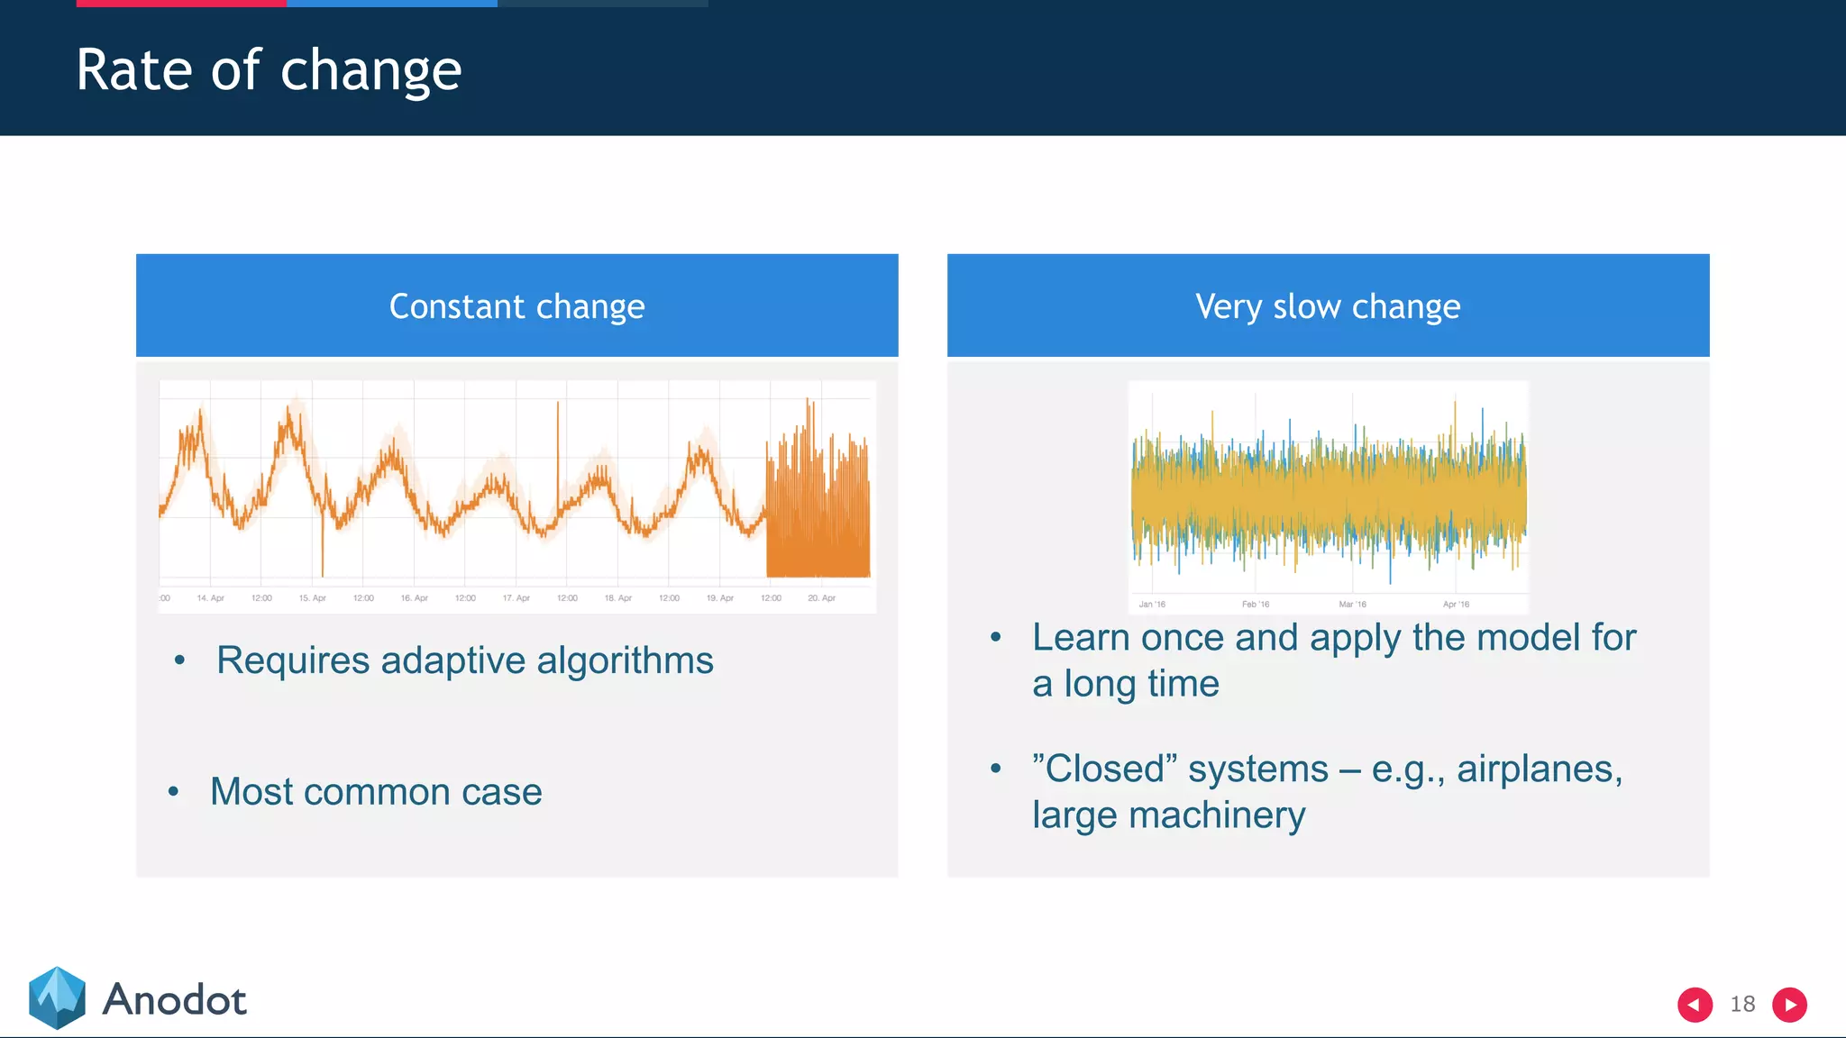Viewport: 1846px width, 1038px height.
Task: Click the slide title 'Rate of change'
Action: tap(269, 70)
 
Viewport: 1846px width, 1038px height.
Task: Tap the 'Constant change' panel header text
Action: tap(516, 306)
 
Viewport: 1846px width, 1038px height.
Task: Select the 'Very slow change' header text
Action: tap(1327, 306)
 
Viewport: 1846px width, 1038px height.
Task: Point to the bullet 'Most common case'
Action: tap(376, 792)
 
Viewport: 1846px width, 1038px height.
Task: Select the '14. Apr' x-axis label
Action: tap(210, 598)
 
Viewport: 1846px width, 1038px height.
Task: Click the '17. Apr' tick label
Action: tap(516, 598)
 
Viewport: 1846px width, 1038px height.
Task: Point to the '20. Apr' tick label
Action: tap(821, 598)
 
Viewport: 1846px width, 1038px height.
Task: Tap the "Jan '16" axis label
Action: tap(1151, 605)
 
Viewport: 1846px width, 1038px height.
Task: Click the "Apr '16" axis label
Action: tap(1455, 605)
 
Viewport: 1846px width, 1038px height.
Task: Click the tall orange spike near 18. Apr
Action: tap(558, 451)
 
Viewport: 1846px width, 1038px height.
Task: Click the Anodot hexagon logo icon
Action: tap(57, 998)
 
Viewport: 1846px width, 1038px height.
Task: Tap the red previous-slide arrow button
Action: tap(1695, 1005)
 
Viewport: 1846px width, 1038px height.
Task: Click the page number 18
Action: tap(1742, 1005)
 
